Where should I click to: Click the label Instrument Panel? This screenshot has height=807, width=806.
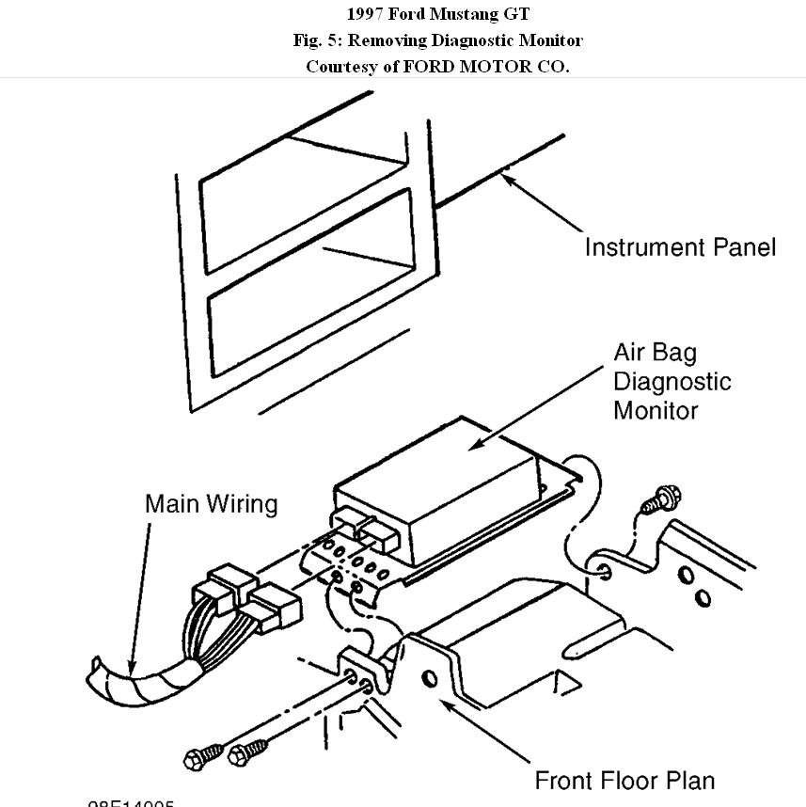point(680,247)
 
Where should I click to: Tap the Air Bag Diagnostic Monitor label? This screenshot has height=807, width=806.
point(672,381)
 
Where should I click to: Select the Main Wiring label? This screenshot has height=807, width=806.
point(211,504)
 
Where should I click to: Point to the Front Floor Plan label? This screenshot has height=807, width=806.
point(624,780)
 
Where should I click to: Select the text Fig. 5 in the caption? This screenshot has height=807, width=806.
point(313,40)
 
